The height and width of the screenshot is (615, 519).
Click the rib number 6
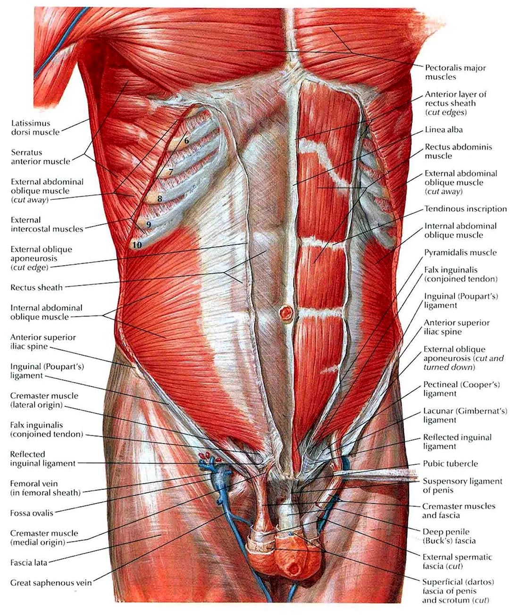point(186,141)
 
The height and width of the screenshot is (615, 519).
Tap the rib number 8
point(160,199)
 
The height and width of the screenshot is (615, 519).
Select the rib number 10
point(137,245)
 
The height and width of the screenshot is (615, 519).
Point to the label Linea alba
point(444,130)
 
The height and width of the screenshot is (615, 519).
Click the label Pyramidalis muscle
point(460,253)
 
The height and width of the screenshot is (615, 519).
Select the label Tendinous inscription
point(465,209)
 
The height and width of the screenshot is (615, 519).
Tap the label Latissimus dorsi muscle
point(35,127)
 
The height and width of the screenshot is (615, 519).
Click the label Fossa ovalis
point(32,513)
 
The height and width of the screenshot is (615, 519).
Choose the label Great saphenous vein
point(51,583)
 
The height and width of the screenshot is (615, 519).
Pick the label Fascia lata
point(29,563)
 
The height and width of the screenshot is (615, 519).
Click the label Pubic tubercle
point(450,464)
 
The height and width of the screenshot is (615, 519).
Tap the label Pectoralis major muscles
point(455,72)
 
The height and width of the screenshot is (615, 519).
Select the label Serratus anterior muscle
point(41,157)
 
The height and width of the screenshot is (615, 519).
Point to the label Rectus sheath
point(36,288)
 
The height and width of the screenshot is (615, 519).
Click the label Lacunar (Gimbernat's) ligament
point(461,416)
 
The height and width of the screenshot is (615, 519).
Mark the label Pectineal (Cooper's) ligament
point(461,389)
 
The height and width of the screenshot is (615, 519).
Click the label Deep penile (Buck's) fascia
point(449,536)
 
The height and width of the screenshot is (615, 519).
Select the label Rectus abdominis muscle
point(458,151)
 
